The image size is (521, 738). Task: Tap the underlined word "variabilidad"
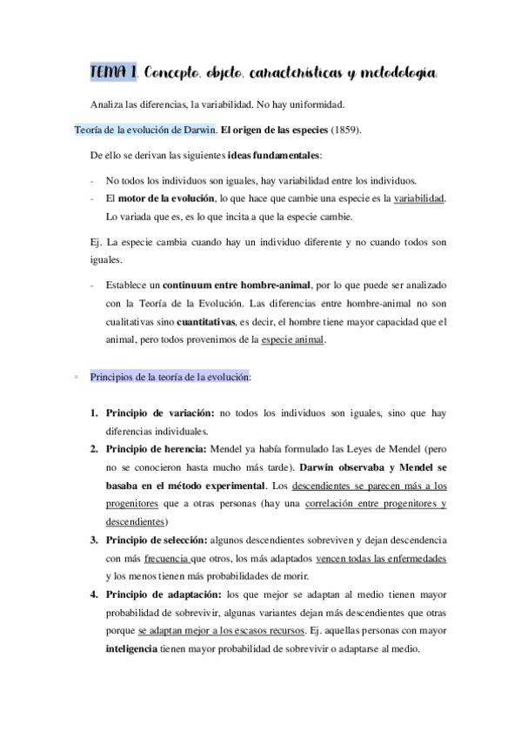coord(419,199)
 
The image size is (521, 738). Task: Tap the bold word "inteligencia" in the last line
coord(133,649)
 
